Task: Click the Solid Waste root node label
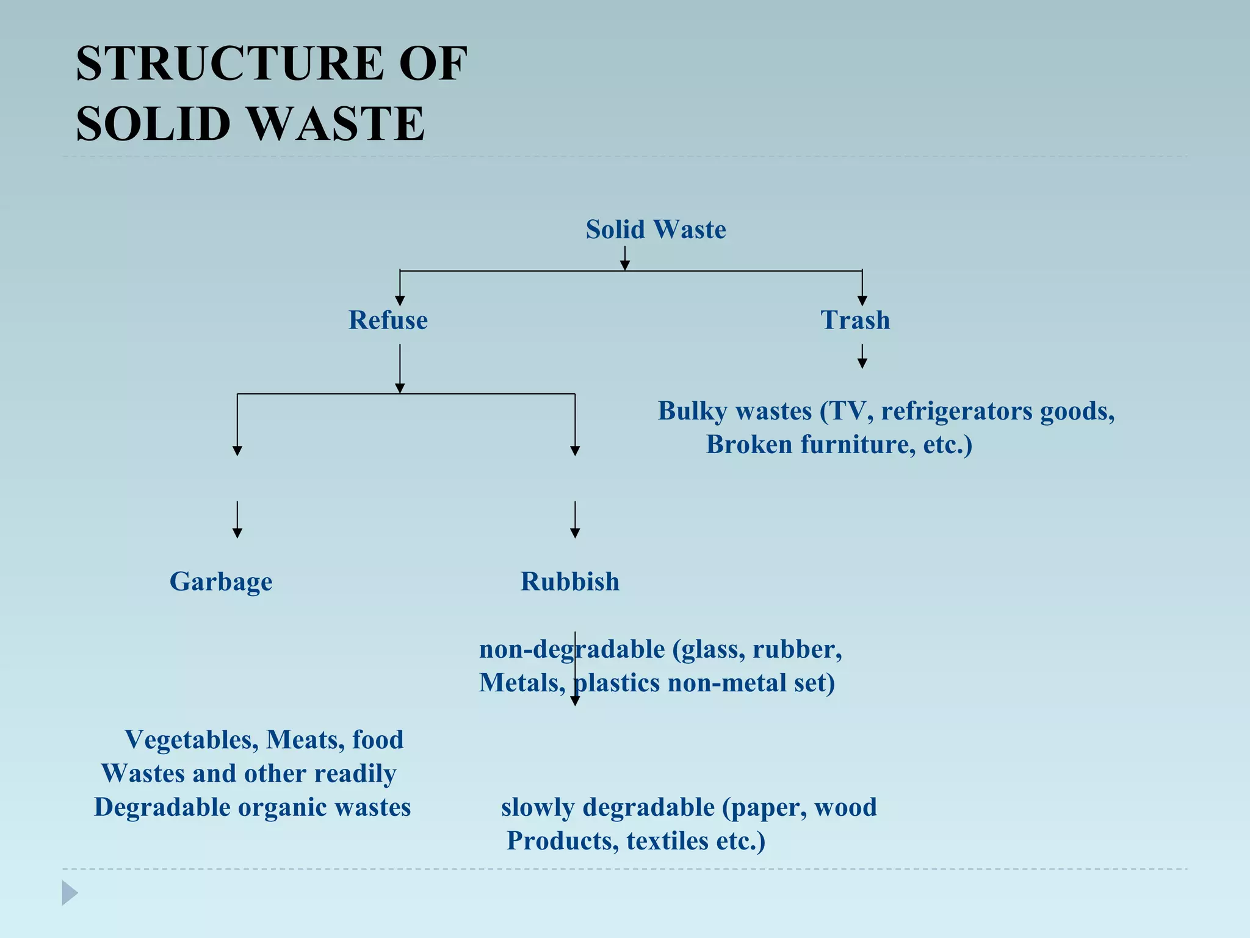click(x=656, y=230)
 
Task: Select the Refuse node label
click(x=388, y=320)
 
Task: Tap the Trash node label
click(x=854, y=320)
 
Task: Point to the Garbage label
click(x=221, y=581)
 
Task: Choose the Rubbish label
click(x=569, y=581)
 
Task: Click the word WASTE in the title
click(x=336, y=124)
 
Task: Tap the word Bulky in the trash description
click(x=692, y=411)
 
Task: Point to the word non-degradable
click(x=571, y=649)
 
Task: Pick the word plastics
click(x=617, y=683)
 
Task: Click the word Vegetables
click(x=192, y=740)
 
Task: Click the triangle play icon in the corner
click(x=70, y=893)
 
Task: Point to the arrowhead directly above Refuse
click(x=400, y=300)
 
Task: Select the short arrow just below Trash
click(x=862, y=357)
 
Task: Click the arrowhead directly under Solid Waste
click(x=624, y=264)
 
